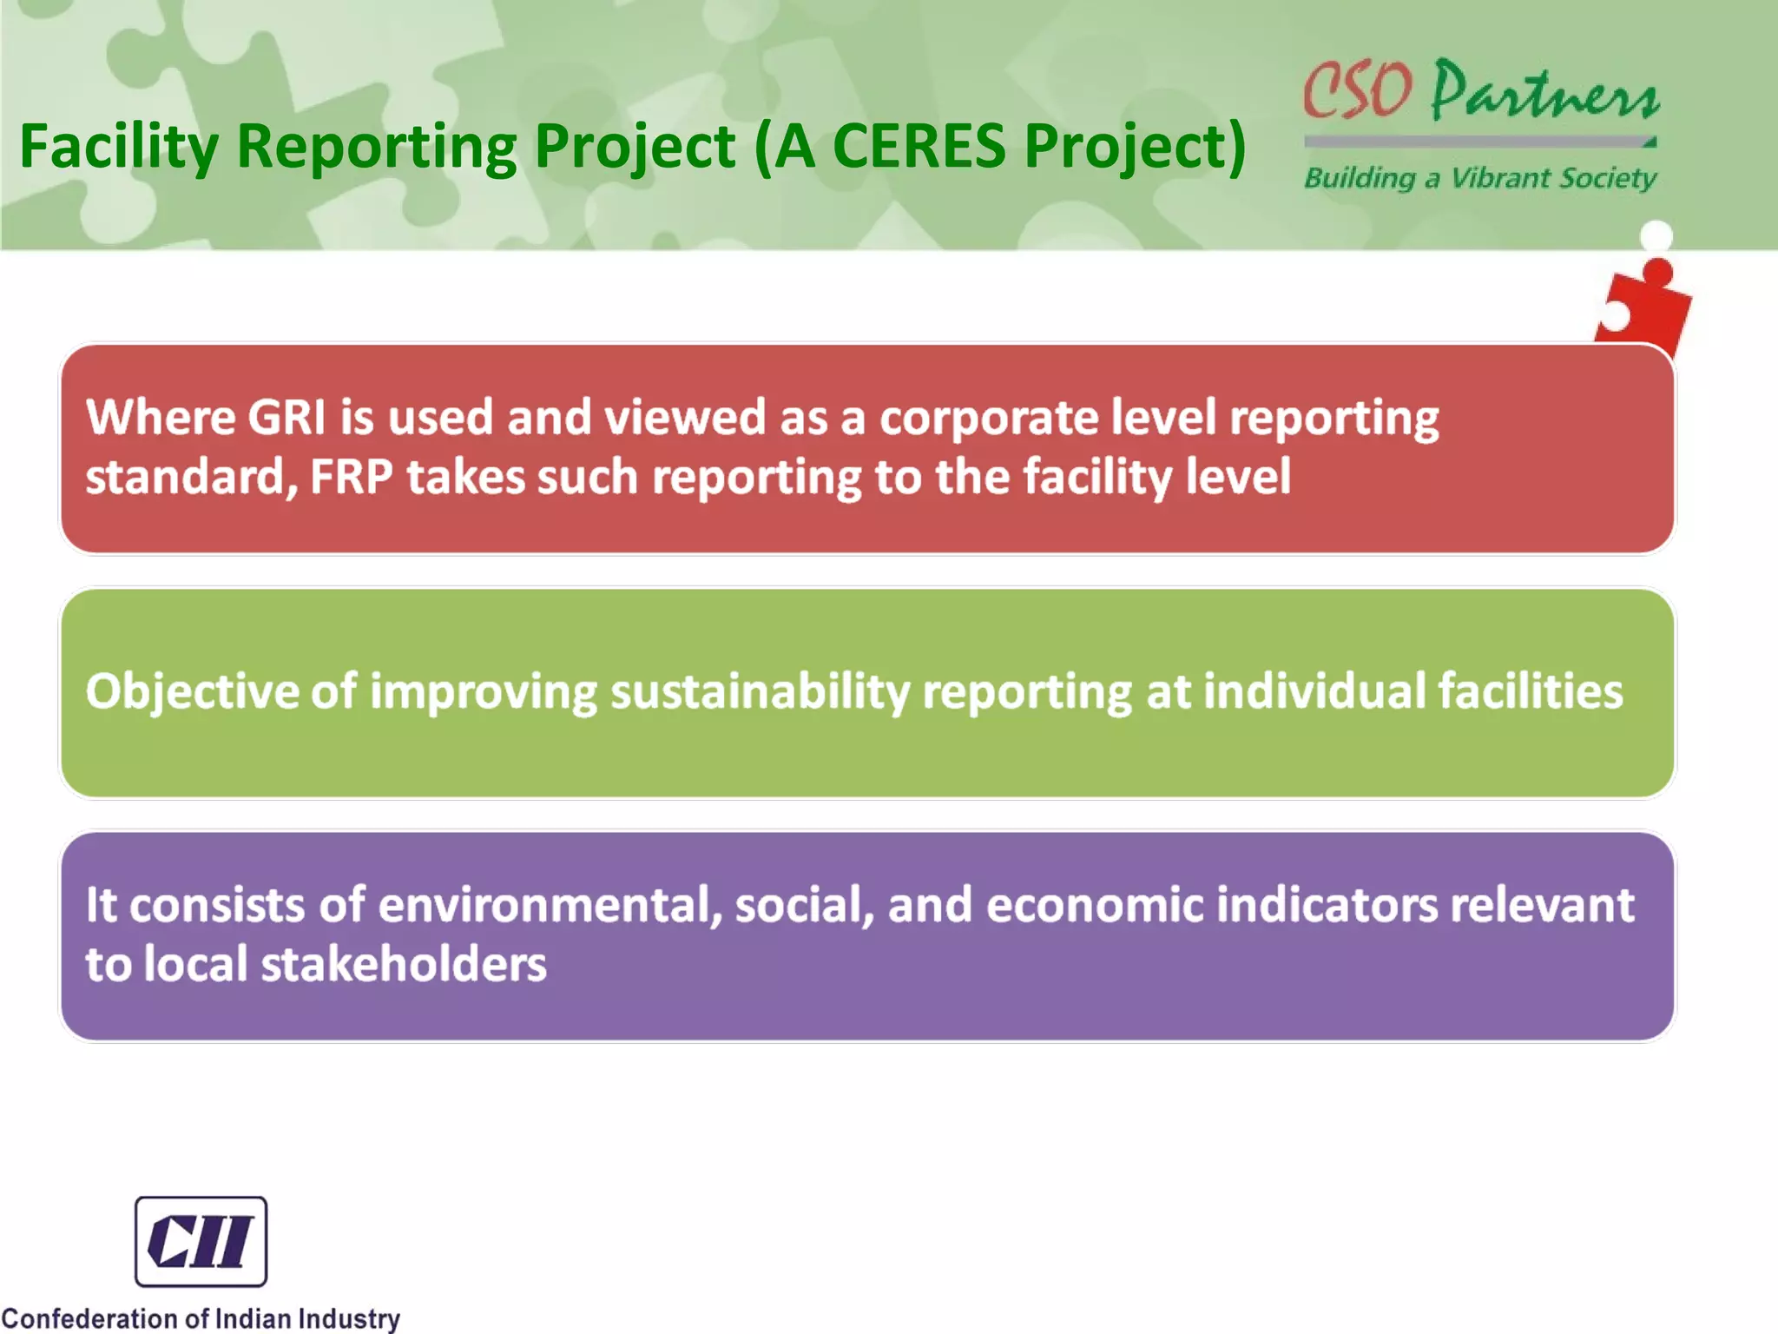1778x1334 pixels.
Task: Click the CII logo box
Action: (201, 1241)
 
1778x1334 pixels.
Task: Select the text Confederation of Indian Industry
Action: (201, 1317)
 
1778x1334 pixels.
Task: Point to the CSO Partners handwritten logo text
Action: (1480, 91)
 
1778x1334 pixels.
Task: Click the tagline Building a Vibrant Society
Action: (1480, 178)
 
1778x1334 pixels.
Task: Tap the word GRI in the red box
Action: (286, 417)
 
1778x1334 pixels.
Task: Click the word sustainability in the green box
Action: (760, 692)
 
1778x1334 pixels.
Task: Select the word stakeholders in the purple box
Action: (404, 965)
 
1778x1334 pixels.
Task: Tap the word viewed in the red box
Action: (684, 417)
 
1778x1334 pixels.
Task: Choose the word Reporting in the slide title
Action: (377, 146)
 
